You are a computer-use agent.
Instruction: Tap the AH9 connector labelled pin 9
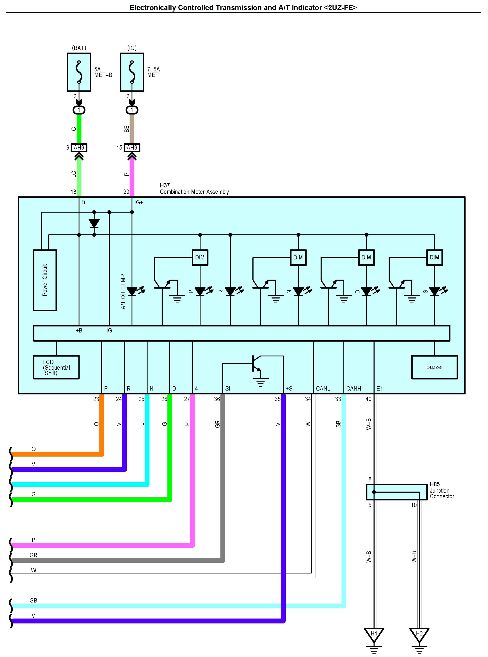tap(79, 148)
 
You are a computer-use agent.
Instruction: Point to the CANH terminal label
tap(354, 389)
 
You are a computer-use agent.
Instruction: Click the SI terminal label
tap(227, 389)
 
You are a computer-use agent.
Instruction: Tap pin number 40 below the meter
tap(368, 399)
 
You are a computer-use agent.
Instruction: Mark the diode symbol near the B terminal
tap(94, 223)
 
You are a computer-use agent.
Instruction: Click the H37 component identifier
tap(165, 185)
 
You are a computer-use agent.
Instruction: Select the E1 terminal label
tap(380, 389)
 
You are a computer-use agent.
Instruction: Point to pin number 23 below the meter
tap(96, 399)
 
